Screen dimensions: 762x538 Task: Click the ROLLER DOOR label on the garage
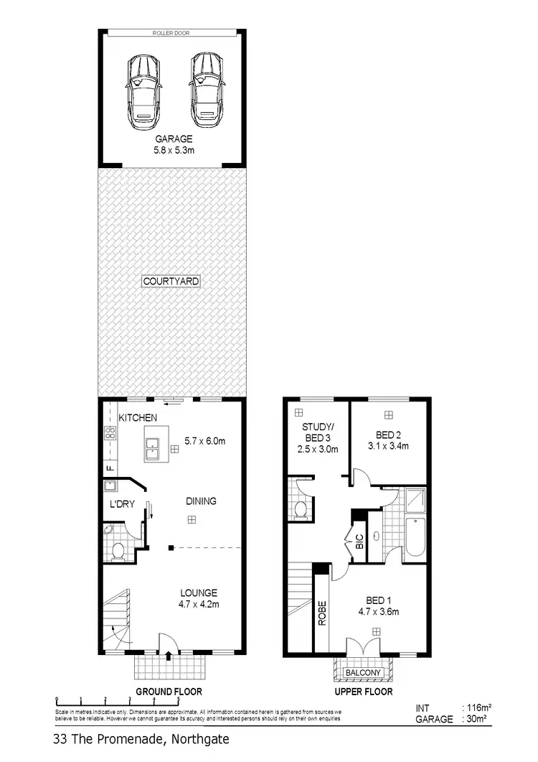coord(171,33)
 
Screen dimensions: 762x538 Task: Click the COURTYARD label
coord(170,281)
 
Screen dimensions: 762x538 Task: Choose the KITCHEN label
coord(138,418)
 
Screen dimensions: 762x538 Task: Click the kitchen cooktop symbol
coord(111,433)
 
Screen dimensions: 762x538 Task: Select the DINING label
coord(201,501)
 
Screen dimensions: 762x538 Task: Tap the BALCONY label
coord(362,673)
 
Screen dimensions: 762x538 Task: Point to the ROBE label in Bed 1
coord(322,613)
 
